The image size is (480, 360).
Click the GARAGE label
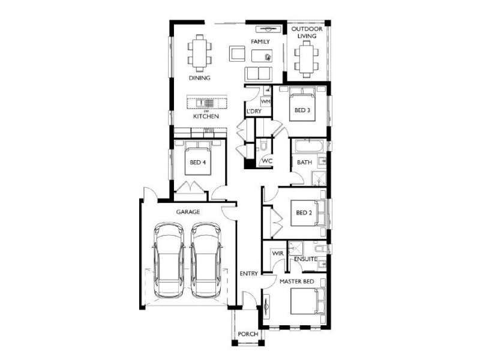click(188, 212)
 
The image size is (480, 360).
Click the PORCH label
click(248, 334)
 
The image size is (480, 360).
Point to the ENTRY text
click(249, 274)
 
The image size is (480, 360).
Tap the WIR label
click(277, 254)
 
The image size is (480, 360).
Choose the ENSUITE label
click(305, 259)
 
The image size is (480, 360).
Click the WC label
click(266, 161)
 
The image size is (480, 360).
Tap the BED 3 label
click(302, 110)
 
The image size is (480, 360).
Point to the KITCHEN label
click(205, 116)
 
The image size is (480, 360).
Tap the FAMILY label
click(260, 41)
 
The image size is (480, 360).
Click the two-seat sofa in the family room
click(259, 74)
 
